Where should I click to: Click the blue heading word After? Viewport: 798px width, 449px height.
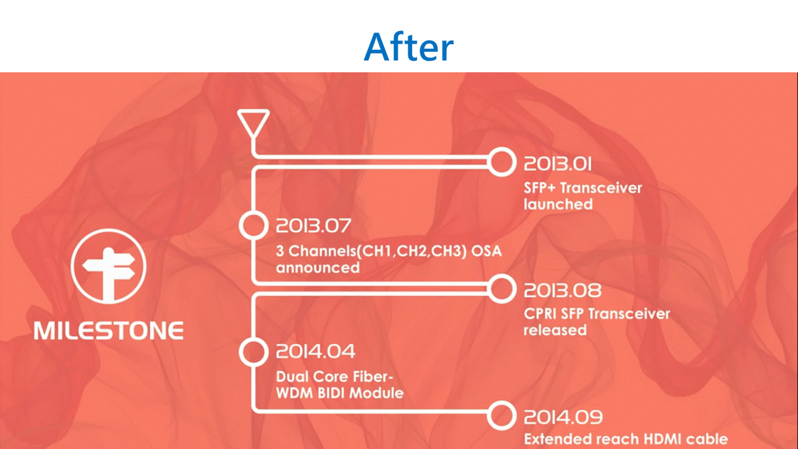point(408,47)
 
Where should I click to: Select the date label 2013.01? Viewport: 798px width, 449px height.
point(557,164)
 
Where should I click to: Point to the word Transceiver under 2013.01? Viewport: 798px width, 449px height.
point(601,188)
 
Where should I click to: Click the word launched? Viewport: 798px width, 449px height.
point(558,204)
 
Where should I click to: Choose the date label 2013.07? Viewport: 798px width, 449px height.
point(314,226)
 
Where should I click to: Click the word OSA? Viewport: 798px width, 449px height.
point(486,251)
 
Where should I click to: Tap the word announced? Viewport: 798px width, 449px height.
point(318,268)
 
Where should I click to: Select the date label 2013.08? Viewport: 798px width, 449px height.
point(562,291)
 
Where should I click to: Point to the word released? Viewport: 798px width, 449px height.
point(555,330)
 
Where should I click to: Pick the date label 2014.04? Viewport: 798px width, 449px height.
point(315,351)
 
